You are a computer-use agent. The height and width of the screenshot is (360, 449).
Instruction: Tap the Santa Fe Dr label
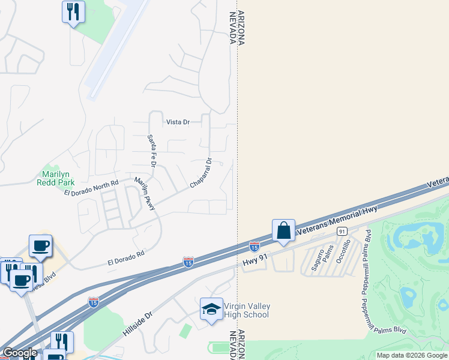click(152, 151)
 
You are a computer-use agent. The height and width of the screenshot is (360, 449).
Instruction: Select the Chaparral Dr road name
click(201, 173)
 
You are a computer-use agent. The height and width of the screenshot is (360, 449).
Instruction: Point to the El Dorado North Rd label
click(91, 187)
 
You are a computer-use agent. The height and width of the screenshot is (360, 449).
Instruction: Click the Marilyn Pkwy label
click(145, 194)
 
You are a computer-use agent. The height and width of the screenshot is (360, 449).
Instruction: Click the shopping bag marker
click(283, 231)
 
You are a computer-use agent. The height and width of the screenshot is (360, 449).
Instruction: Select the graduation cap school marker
click(211, 309)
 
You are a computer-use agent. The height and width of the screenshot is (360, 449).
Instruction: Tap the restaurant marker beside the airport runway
click(73, 12)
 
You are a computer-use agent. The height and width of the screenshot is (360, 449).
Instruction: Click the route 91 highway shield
click(342, 231)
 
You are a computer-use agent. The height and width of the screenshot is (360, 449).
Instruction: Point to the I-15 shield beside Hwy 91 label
click(254, 246)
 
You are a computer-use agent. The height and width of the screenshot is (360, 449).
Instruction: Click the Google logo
click(20, 353)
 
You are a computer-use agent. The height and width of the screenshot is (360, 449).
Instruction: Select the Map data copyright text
click(412, 355)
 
